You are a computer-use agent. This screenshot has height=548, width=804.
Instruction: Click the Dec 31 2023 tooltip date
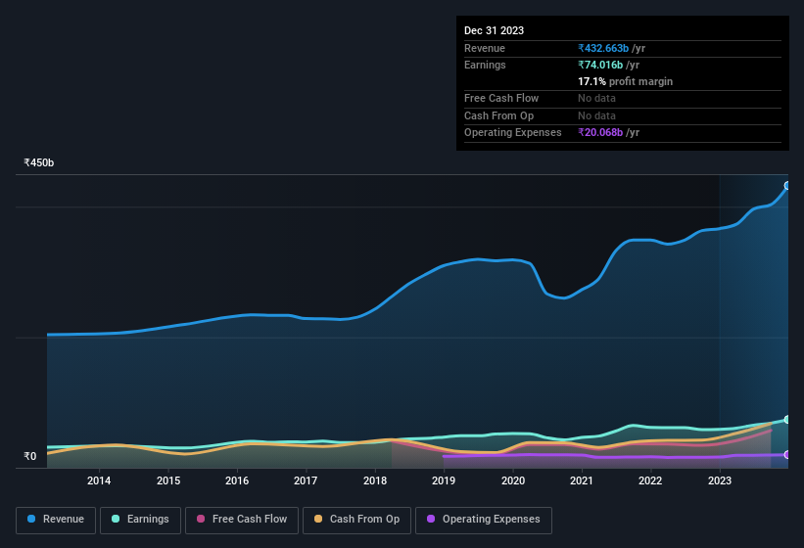pyautogui.click(x=494, y=30)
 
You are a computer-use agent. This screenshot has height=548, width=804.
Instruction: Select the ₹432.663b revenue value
pyautogui.click(x=611, y=48)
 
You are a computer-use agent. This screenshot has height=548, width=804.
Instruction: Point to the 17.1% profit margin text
pyautogui.click(x=625, y=81)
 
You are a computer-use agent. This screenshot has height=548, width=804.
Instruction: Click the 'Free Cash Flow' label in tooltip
pyautogui.click(x=500, y=98)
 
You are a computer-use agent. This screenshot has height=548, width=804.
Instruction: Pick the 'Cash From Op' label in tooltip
pyautogui.click(x=498, y=115)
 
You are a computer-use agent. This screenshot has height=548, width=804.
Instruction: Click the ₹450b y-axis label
pyautogui.click(x=39, y=162)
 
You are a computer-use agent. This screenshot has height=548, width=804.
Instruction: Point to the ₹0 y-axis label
pyautogui.click(x=30, y=456)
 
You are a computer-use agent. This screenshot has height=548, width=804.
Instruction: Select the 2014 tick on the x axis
pyautogui.click(x=99, y=480)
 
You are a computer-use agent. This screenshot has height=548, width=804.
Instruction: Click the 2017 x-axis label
pyautogui.click(x=306, y=480)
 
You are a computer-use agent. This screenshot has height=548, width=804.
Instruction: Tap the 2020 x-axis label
pyautogui.click(x=512, y=480)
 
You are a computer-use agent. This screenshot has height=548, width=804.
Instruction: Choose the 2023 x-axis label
pyautogui.click(x=719, y=480)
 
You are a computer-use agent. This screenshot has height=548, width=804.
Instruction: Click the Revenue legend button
pyautogui.click(x=56, y=520)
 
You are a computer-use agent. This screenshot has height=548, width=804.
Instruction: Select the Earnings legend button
pyautogui.click(x=139, y=520)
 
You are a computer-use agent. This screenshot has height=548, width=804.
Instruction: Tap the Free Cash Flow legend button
pyautogui.click(x=241, y=520)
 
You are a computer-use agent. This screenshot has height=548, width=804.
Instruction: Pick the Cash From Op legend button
pyautogui.click(x=355, y=520)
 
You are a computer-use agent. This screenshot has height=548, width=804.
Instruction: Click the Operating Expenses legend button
pyautogui.click(x=483, y=520)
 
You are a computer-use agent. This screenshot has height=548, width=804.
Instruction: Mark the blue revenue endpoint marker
pyautogui.click(x=787, y=185)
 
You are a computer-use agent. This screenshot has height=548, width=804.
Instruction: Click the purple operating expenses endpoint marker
pyautogui.click(x=787, y=455)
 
